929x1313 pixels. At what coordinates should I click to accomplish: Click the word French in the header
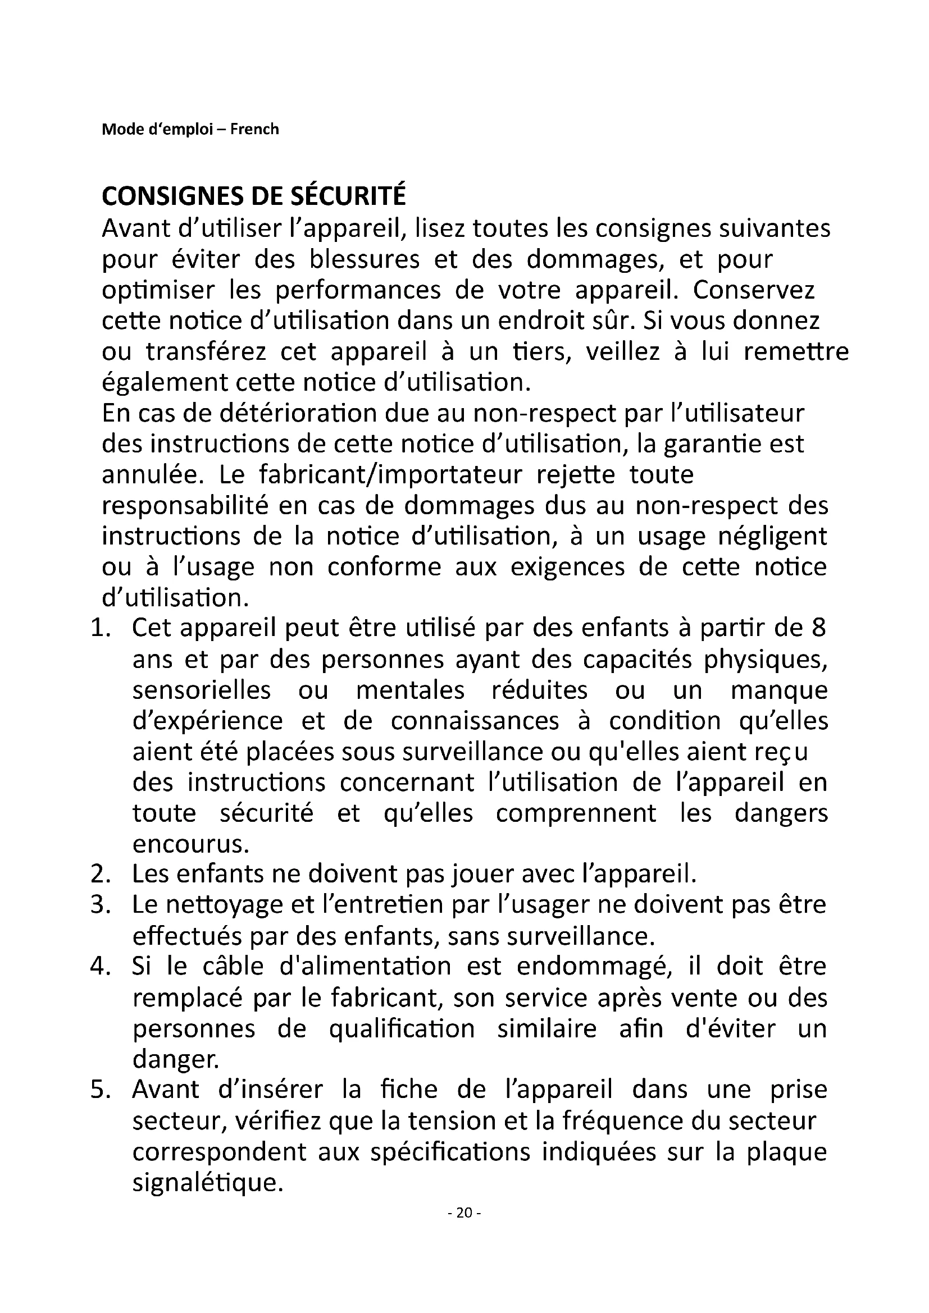tap(254, 129)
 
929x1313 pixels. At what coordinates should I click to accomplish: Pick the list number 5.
tap(101, 1090)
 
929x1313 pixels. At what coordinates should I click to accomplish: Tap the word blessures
tap(365, 260)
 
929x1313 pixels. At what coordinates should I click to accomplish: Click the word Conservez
tap(753, 291)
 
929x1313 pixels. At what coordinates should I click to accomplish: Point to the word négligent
tap(773, 537)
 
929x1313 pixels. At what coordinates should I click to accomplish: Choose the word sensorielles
tap(202, 690)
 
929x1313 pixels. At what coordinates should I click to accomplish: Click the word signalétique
tap(208, 1182)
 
